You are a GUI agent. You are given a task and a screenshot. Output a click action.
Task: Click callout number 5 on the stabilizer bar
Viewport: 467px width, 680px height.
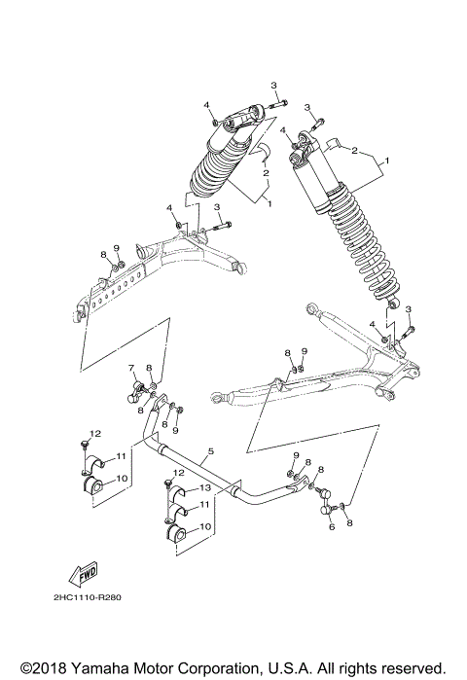point(209,452)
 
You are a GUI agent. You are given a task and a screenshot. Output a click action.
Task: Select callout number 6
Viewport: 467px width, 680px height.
point(332,526)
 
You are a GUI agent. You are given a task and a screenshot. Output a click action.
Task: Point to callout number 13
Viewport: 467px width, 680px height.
point(205,488)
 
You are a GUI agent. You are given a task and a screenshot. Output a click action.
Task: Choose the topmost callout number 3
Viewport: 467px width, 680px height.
point(273,86)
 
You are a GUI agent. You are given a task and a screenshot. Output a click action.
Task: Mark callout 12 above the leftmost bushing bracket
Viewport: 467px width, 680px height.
point(95,434)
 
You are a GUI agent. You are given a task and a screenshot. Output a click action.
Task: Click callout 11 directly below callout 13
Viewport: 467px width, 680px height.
point(205,505)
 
